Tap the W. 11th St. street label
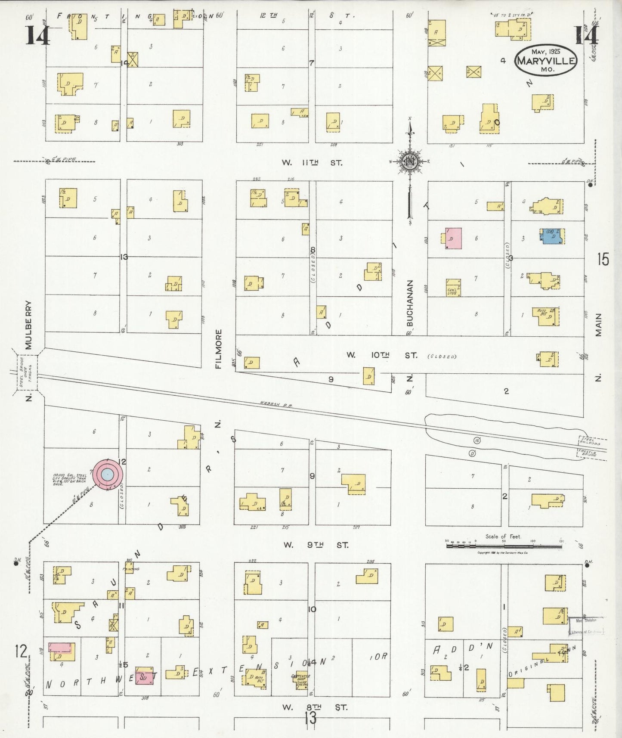pyautogui.click(x=312, y=163)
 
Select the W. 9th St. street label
pyautogui.click(x=316, y=545)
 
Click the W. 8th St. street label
pyautogui.click(x=315, y=707)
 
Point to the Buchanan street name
pyautogui.click(x=410, y=303)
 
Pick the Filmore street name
pyautogui.click(x=218, y=349)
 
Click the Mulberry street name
pyautogui.click(x=28, y=325)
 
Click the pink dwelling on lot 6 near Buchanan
pyautogui.click(x=453, y=238)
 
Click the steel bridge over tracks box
pyautogui.click(x=28, y=373)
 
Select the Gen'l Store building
pyautogui.click(x=453, y=288)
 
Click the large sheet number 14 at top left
pyautogui.click(x=37, y=35)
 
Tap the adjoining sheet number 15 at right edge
pyautogui.click(x=603, y=260)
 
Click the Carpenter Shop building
pyautogui.click(x=301, y=679)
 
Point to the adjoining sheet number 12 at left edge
pyautogui.click(x=20, y=651)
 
